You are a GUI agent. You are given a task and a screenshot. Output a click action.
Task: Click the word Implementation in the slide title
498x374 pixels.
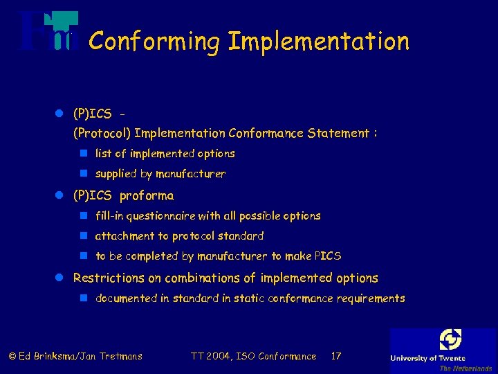point(319,42)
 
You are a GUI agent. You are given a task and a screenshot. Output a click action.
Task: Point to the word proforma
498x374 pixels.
point(147,195)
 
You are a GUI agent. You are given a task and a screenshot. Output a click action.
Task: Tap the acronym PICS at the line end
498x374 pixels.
point(328,256)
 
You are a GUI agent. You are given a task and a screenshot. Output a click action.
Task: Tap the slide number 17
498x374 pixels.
point(336,356)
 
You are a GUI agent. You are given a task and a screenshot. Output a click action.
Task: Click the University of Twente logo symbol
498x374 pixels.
point(450,340)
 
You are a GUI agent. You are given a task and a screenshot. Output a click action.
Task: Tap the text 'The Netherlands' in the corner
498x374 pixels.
point(465,368)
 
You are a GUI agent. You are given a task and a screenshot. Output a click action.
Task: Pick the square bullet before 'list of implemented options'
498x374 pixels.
point(83,154)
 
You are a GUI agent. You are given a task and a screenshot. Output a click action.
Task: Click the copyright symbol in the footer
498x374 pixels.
point(12,357)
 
